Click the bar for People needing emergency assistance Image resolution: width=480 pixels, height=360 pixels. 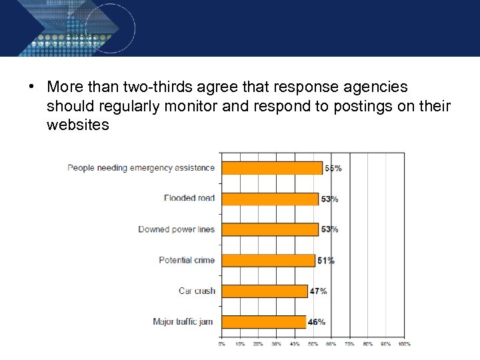[272, 168]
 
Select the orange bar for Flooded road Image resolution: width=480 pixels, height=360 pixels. [270, 199]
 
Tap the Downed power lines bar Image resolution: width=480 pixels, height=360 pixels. [270, 229]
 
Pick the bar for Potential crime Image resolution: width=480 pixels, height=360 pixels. [268, 260]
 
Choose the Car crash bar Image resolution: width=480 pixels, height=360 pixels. [265, 291]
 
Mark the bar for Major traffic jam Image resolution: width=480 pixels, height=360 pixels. [263, 321]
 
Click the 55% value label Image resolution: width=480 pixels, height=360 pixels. [333, 169]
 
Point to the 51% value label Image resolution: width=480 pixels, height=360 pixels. [326, 261]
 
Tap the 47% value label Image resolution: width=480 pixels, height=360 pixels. [318, 291]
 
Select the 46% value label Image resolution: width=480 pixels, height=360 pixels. [317, 322]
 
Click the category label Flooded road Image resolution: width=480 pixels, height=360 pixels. [189, 198]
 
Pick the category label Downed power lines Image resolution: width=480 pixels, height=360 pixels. [177, 229]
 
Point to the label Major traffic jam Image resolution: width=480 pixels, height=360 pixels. [183, 321]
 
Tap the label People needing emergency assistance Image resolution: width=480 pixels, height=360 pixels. [141, 167]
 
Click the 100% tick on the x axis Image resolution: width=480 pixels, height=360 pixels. [404, 344]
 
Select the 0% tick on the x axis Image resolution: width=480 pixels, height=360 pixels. [221, 344]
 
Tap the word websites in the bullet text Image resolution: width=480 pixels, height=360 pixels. [78, 125]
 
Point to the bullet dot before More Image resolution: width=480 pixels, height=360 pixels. [31, 87]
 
